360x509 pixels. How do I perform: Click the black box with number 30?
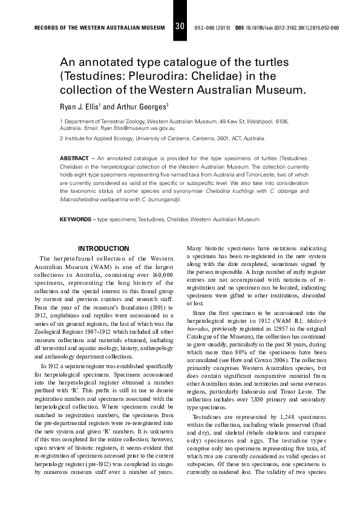pyautogui.click(x=180, y=27)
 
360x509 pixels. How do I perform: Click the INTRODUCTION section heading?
pyautogui.click(x=103, y=248)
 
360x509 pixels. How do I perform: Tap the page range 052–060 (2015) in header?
pyautogui.click(x=212, y=28)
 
